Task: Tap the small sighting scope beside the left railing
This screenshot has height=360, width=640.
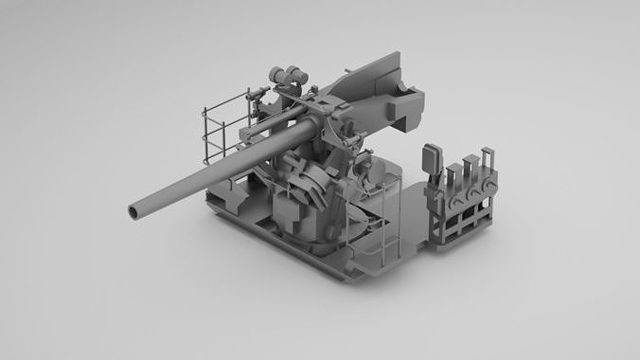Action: point(256,95)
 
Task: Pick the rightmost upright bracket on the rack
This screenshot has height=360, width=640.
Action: point(486,163)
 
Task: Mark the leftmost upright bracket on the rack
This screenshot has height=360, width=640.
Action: point(452,177)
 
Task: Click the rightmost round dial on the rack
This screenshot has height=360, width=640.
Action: point(489,184)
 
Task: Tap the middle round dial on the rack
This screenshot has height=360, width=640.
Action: point(472,191)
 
